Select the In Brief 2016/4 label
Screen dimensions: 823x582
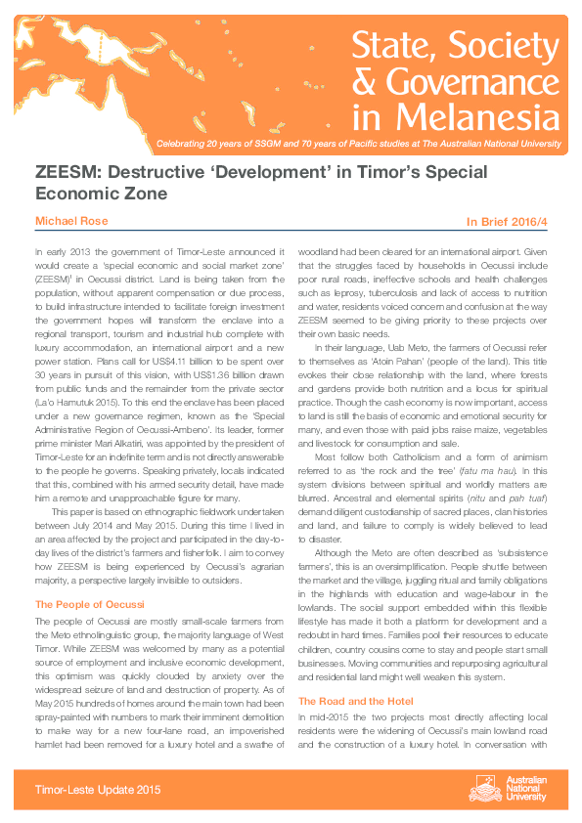pos(515,223)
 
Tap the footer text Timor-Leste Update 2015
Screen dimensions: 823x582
pos(94,789)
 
